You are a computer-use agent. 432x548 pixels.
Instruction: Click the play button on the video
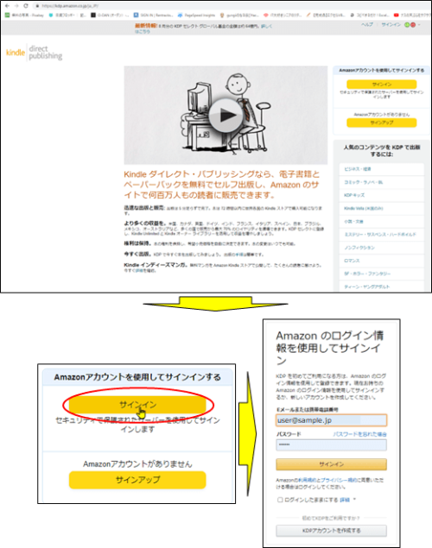226,114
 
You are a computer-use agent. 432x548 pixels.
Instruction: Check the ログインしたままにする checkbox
280,500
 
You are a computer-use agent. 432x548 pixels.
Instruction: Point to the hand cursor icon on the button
142,413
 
